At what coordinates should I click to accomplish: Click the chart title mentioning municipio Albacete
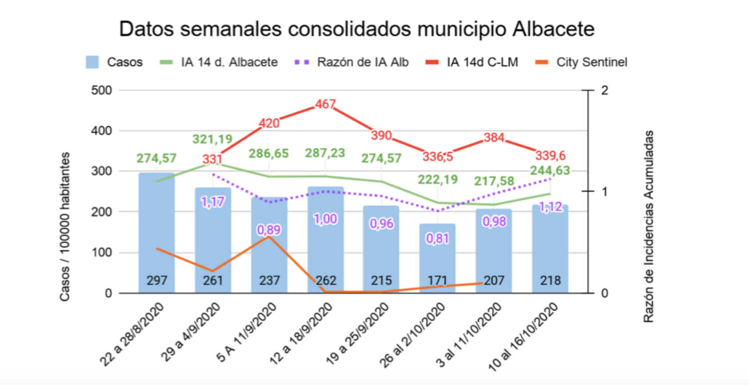pos(357,29)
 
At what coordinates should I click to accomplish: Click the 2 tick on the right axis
pos(605,91)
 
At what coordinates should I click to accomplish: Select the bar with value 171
pos(437,259)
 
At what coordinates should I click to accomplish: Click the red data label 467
pos(325,105)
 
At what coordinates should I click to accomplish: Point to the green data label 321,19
pos(213,139)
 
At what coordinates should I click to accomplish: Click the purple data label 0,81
pos(437,238)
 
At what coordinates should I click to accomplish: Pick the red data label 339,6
pos(548,154)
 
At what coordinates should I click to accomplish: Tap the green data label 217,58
pos(494,181)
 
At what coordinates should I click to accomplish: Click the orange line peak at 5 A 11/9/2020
pos(269,236)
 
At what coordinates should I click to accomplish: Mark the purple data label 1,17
pos(213,202)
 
